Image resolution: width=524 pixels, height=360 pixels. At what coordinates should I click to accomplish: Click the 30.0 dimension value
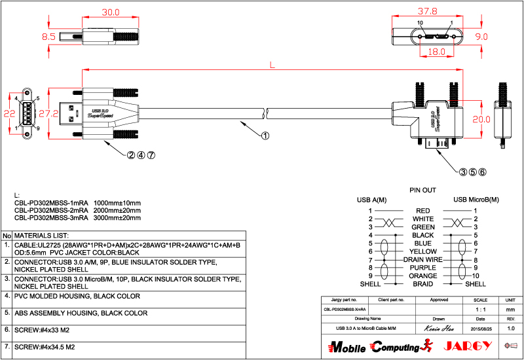109,12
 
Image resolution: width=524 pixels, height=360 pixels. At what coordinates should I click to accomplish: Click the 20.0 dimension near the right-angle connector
481,119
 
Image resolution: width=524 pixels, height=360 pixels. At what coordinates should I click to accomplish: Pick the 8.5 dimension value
48,37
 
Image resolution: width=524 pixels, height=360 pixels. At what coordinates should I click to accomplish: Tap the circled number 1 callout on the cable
265,136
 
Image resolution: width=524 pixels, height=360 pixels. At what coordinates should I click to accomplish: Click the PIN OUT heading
423,190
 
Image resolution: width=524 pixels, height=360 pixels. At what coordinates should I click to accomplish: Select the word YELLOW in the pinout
423,251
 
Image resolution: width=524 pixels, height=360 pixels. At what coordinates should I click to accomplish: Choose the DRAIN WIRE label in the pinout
423,260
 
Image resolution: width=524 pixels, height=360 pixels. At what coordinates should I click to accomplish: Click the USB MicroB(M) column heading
476,200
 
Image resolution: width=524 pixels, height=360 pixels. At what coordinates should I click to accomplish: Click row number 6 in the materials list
7,329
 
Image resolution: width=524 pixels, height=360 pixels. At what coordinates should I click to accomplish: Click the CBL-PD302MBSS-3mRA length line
77,218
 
